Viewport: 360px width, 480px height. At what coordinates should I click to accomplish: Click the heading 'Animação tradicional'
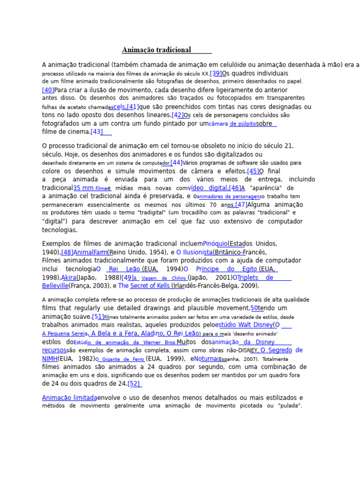(157, 50)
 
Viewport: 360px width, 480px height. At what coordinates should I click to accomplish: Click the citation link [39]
(216, 74)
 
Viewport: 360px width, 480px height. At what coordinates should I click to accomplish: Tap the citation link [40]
(48, 90)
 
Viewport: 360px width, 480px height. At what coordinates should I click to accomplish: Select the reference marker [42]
(178, 115)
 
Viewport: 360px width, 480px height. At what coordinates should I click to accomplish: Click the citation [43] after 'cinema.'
(97, 132)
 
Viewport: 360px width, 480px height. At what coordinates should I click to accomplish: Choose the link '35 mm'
(83, 188)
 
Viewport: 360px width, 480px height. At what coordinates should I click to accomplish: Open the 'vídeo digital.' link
(208, 188)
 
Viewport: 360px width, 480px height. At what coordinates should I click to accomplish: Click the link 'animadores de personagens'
(229, 197)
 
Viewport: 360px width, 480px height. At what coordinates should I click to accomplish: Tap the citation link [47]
(240, 205)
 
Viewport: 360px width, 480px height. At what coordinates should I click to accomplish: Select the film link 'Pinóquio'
(216, 244)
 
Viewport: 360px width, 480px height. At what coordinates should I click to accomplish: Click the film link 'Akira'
(69, 277)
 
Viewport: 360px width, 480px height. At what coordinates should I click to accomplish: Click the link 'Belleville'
(55, 286)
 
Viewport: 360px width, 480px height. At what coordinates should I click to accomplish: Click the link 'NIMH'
(50, 359)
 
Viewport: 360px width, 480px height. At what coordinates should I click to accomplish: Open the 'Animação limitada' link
(69, 397)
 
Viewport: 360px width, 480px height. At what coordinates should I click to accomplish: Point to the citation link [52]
(134, 384)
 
